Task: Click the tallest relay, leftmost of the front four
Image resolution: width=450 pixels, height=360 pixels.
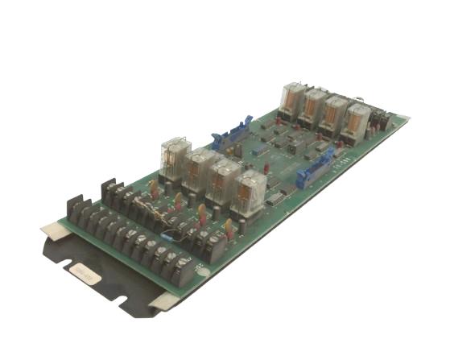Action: pyautogui.click(x=175, y=157)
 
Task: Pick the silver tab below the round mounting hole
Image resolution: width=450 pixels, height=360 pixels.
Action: pyautogui.click(x=165, y=303)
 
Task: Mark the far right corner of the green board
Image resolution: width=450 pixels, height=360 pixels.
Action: pyautogui.click(x=407, y=120)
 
